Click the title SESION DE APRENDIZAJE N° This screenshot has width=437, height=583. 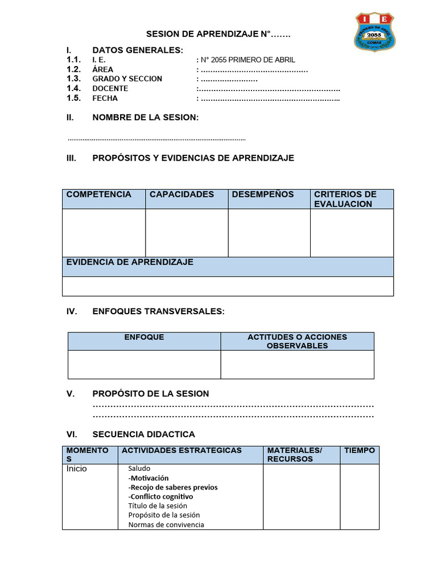point(218,35)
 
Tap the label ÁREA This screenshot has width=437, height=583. point(102,69)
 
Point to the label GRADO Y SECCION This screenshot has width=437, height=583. point(127,79)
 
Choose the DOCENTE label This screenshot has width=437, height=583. point(110,88)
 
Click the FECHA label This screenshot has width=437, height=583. point(105,98)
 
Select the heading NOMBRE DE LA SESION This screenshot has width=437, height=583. point(145,117)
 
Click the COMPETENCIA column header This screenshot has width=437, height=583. point(98,194)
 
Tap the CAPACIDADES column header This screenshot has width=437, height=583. point(182,194)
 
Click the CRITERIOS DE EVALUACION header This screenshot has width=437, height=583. point(345,199)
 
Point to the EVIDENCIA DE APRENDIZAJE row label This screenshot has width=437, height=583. point(130,262)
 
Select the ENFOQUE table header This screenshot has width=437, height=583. point(144,337)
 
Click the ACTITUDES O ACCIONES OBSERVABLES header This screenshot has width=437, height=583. point(297,341)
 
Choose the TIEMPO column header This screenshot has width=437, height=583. point(359,450)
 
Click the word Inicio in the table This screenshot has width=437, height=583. point(77,469)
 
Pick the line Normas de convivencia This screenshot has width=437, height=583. point(166,524)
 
